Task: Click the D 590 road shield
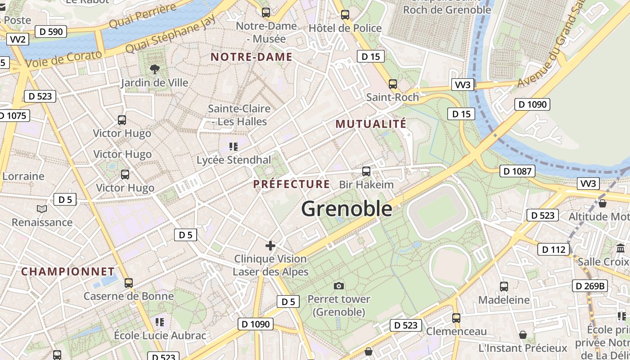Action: pos(51,31)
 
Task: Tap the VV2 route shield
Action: pos(18,39)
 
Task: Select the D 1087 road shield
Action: pos(517,171)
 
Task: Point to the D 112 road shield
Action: pos(553,249)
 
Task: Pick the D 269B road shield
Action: pos(589,286)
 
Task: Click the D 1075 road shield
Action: pos(13,116)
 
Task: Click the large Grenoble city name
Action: pos(346,209)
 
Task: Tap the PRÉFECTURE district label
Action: pos(292,184)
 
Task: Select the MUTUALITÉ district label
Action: pos(371,124)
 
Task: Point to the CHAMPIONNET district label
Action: pos(68,271)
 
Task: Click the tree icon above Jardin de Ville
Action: pos(155,69)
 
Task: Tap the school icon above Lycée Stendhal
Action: pos(233,146)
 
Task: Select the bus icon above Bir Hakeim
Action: pos(366,171)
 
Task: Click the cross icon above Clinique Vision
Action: pos(270,246)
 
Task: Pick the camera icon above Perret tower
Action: pos(339,286)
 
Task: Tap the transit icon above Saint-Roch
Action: pos(392,84)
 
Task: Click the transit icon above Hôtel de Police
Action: pos(345,15)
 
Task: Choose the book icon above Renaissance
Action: pos(41,209)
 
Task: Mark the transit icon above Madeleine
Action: pos(504,286)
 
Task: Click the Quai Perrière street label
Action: pos(143,16)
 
